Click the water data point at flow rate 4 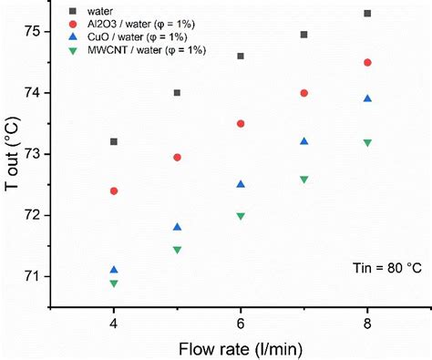click(113, 141)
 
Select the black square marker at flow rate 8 click(367, 14)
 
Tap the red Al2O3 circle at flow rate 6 click(241, 123)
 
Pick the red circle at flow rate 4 click(113, 190)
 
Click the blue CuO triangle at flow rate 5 click(177, 226)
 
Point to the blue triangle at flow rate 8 click(367, 98)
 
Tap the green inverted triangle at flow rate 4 click(113, 283)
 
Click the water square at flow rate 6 click(241, 56)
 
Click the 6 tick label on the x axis click(241, 323)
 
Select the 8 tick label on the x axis click(367, 323)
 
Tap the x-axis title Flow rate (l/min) click(240, 347)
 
